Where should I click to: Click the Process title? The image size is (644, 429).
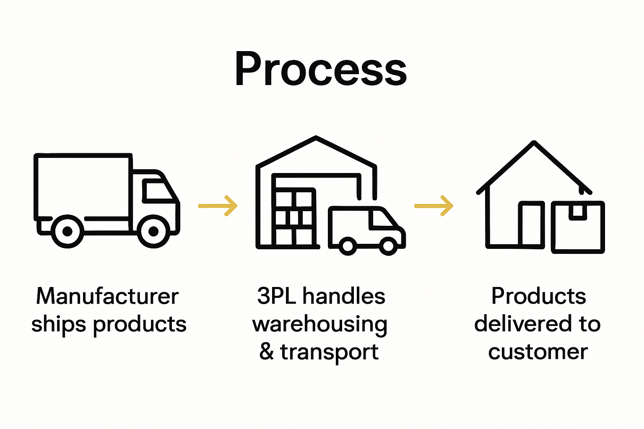[321, 69]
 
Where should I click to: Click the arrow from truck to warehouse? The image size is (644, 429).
[218, 206]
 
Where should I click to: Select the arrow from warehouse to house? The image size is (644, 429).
[434, 206]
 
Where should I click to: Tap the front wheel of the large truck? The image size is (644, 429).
[153, 231]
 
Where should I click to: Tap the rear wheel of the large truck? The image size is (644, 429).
[67, 231]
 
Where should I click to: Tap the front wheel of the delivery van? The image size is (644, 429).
[389, 246]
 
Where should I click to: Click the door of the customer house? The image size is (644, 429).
[531, 224]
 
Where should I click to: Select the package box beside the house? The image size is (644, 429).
[578, 227]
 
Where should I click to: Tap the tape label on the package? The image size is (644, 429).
[578, 211]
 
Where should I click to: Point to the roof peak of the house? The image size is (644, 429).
[534, 143]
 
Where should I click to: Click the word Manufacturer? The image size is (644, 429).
[107, 297]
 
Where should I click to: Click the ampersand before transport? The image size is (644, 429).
[267, 352]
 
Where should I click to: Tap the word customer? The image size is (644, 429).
[538, 352]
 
